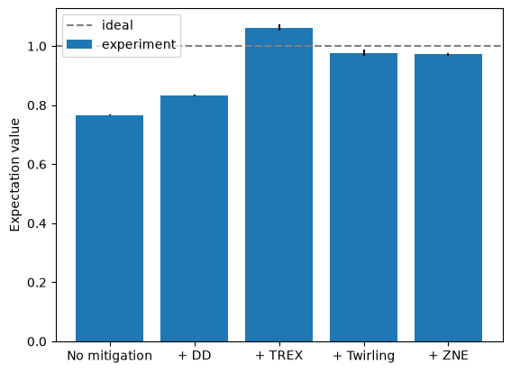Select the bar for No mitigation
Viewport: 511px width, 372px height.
tap(110, 229)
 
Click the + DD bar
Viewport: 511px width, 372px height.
tap(195, 219)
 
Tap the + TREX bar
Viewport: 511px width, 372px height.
tap(279, 185)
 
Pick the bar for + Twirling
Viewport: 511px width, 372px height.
tap(364, 197)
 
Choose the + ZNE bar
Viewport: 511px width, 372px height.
tap(449, 198)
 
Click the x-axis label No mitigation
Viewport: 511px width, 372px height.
tap(110, 356)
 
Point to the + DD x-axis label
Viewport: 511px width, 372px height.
tap(195, 355)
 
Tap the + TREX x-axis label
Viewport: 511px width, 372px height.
tap(279, 355)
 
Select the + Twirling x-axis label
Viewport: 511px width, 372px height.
tap(364, 356)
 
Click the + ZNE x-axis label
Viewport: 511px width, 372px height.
tap(449, 355)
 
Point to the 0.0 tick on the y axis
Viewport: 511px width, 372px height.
tap(37, 341)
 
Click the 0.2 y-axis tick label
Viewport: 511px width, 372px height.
tap(37, 283)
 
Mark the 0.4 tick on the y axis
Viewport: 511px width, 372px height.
tap(37, 223)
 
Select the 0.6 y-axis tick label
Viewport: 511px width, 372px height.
tap(37, 165)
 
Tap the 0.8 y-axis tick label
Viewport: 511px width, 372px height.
tap(37, 106)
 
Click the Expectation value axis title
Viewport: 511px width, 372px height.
tap(14, 175)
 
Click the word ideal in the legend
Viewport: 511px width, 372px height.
tap(117, 25)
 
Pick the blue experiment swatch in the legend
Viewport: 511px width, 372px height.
tap(79, 44)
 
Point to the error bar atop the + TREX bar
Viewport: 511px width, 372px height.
tap(279, 27)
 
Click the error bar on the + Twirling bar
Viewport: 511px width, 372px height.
tap(364, 53)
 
